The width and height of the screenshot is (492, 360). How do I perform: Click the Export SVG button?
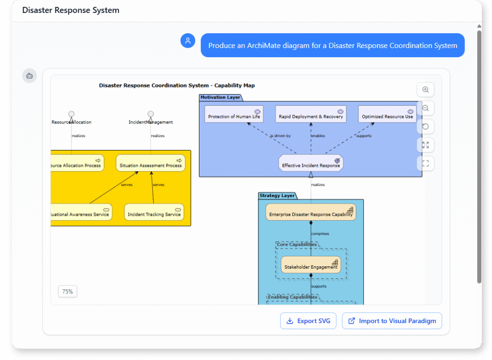pos(308,321)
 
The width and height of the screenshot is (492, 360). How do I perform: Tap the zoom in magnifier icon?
pos(425,90)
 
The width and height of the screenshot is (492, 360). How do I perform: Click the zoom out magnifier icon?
pos(425,108)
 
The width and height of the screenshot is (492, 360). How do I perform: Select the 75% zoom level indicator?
pos(68,291)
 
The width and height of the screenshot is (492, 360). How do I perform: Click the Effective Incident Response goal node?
pos(311,163)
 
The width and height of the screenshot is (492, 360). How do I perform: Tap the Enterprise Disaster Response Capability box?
pos(311,213)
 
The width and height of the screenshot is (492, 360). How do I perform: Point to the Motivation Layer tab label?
pos(220,98)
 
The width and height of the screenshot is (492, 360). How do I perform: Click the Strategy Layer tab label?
pos(277,196)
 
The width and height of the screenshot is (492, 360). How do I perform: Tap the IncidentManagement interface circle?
pos(150,114)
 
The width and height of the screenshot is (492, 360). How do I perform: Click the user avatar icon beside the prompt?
pos(188,41)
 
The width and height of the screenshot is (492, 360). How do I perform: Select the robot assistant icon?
pos(29,75)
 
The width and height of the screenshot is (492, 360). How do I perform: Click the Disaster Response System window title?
pos(71,10)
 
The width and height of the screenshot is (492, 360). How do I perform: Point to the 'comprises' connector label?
pos(320,234)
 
